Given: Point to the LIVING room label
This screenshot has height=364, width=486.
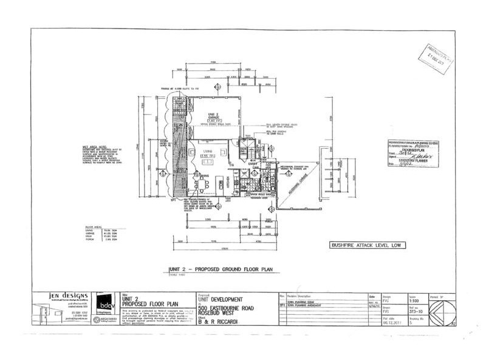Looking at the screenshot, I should [208, 153].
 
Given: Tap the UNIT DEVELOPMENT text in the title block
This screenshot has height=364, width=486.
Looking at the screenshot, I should [221, 300].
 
